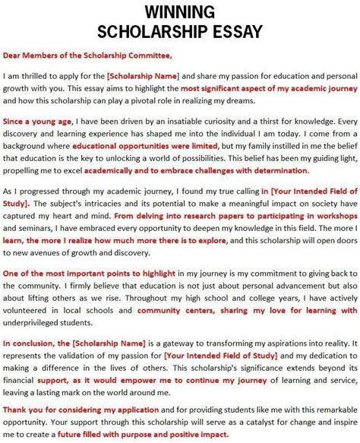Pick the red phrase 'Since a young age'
pyautogui.click(x=37, y=120)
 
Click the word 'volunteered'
pyautogui.click(x=27, y=310)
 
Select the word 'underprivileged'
pyautogui.click(x=34, y=321)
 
